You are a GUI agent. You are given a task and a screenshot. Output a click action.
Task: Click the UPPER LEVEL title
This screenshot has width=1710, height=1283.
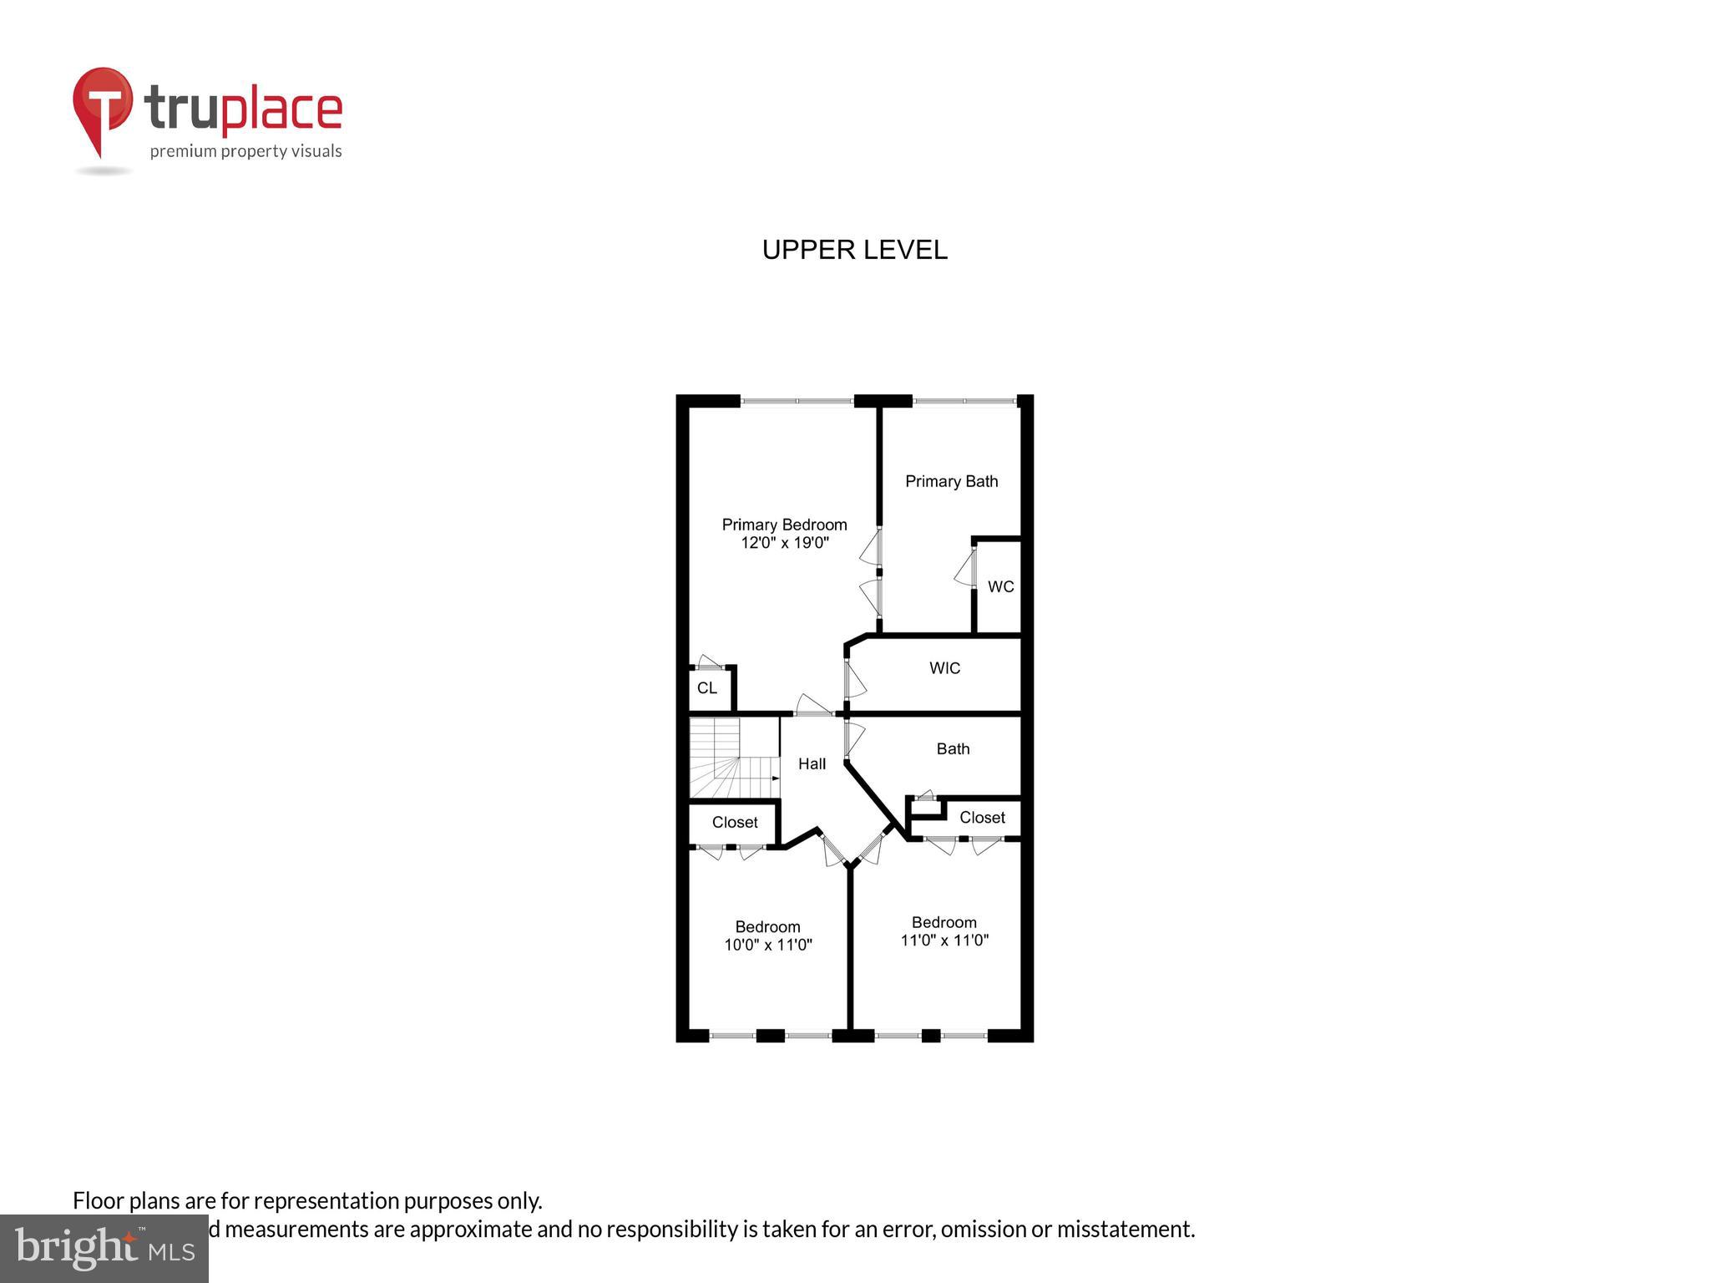pyautogui.click(x=854, y=250)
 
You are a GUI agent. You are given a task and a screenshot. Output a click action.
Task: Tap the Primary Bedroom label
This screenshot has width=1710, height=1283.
pyautogui.click(x=784, y=525)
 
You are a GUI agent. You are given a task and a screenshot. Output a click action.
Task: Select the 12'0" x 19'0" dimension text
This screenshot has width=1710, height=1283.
pyautogui.click(x=784, y=543)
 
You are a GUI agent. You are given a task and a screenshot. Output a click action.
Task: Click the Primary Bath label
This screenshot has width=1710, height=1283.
pyautogui.click(x=951, y=481)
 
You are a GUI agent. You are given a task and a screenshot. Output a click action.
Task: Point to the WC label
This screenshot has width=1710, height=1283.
pyautogui.click(x=1000, y=586)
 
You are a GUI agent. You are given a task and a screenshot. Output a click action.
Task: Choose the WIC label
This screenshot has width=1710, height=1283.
pyautogui.click(x=944, y=668)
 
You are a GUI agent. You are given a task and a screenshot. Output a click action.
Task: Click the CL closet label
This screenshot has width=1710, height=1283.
pyautogui.click(x=706, y=688)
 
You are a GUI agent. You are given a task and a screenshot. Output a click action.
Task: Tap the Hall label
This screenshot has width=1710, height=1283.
pyautogui.click(x=812, y=763)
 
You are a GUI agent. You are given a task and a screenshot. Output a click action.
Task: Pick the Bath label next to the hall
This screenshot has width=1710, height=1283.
pyautogui.click(x=953, y=748)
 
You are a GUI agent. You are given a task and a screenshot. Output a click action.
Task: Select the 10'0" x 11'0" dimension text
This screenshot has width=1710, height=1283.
pyautogui.click(x=767, y=945)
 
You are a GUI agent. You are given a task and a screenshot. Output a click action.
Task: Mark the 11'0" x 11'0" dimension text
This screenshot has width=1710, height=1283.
pyautogui.click(x=944, y=940)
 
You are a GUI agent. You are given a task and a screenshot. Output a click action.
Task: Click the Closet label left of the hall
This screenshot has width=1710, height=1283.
pyautogui.click(x=735, y=822)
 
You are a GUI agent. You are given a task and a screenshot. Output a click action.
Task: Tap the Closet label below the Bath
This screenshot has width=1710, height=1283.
pyautogui.click(x=982, y=817)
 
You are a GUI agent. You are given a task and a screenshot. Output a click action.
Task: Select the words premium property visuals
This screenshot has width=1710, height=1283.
pyautogui.click(x=245, y=151)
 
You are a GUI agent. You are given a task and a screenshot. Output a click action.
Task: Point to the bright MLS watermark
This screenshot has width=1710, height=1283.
pyautogui.click(x=104, y=1248)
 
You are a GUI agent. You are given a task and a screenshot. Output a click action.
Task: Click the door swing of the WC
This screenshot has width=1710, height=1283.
pyautogui.click(x=964, y=567)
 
